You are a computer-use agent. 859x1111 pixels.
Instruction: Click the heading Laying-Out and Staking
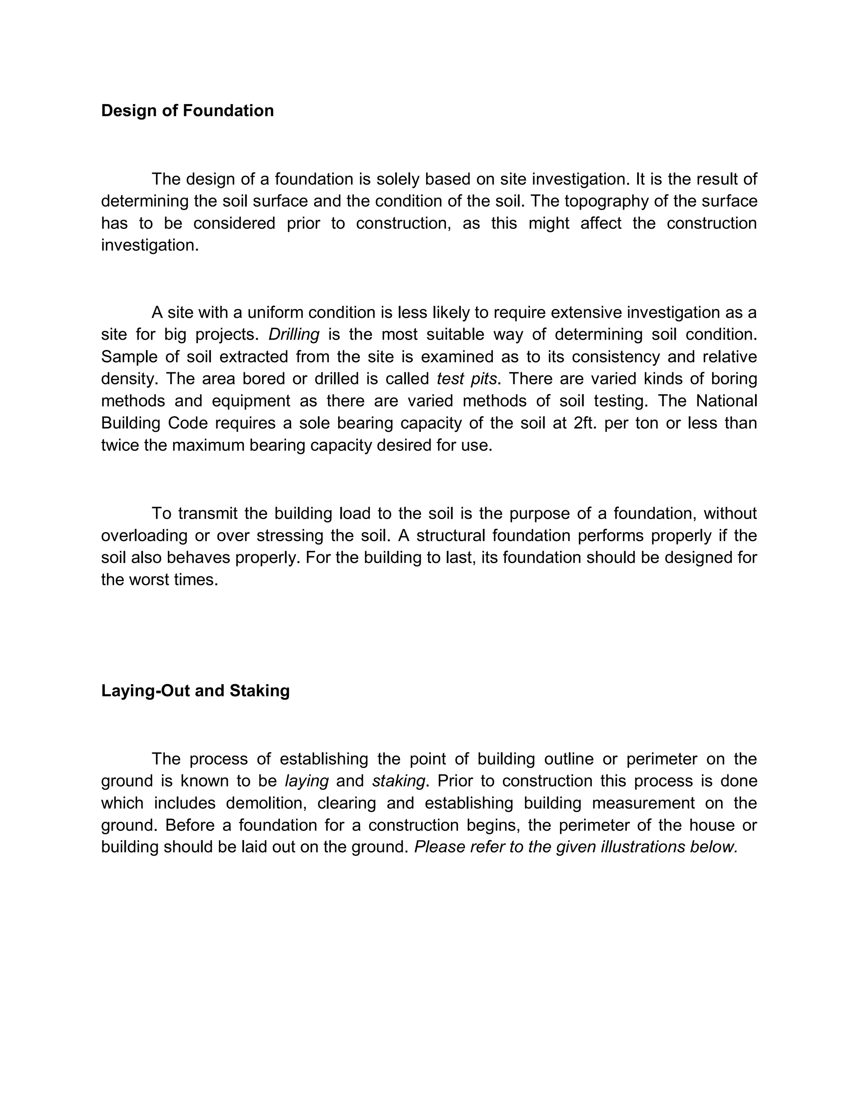click(195, 691)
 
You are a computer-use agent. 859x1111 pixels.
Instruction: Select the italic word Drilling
click(294, 335)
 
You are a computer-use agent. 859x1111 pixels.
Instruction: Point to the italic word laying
click(307, 781)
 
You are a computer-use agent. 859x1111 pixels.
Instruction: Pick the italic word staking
click(398, 781)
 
